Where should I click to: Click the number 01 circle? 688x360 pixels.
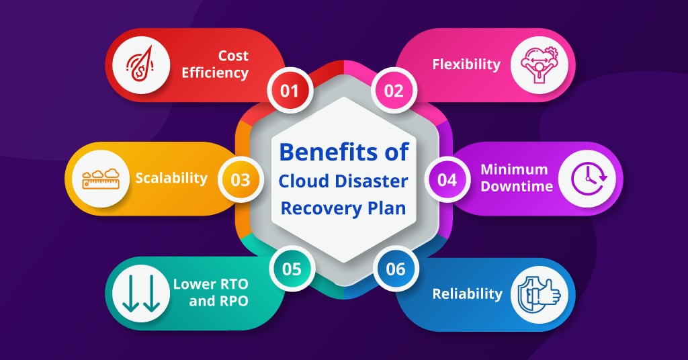(x=290, y=91)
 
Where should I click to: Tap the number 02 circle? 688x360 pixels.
(x=394, y=91)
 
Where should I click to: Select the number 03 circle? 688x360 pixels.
(x=241, y=180)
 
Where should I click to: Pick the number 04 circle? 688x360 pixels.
(x=447, y=180)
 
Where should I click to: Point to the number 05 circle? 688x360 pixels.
(x=292, y=269)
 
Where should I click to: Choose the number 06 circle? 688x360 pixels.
(x=396, y=269)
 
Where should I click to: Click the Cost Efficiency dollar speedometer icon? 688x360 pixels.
(x=140, y=65)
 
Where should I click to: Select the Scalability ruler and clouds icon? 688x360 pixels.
(x=101, y=179)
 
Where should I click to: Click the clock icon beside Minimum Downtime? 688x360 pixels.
(x=589, y=179)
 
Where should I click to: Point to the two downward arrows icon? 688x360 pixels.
(x=141, y=294)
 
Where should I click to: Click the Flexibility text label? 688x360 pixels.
(x=466, y=64)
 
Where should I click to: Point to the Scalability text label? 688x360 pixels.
(x=171, y=178)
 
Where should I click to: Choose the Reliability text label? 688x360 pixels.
(x=468, y=294)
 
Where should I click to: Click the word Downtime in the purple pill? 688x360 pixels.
(x=517, y=186)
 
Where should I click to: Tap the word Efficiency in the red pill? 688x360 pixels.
(x=215, y=73)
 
